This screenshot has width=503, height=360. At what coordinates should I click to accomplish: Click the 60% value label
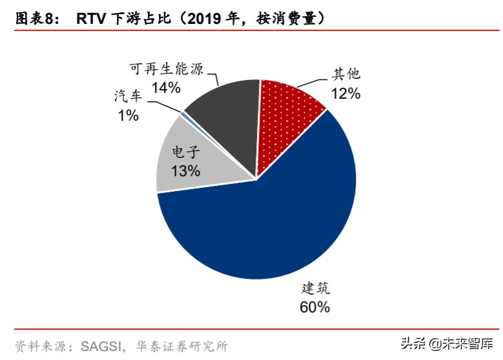(x=314, y=307)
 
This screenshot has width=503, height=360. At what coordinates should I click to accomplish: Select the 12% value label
(x=345, y=94)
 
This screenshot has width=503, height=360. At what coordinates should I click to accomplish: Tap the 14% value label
(x=166, y=88)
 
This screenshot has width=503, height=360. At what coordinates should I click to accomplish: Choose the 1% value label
(x=128, y=115)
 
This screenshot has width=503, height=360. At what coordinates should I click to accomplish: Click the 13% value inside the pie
(x=186, y=170)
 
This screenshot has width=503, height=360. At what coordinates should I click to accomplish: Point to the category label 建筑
(x=315, y=288)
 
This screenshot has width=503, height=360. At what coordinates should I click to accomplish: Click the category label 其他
(x=346, y=74)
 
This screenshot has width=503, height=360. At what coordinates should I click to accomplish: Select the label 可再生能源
(x=167, y=68)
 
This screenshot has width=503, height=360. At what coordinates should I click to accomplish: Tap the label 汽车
(x=128, y=96)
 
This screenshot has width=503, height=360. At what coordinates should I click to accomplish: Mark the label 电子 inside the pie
(x=186, y=152)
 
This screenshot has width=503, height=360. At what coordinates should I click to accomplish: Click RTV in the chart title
(x=91, y=19)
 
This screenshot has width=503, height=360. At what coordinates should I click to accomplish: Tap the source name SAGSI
(x=101, y=346)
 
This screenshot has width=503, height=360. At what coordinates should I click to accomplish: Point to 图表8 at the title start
(x=34, y=19)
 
